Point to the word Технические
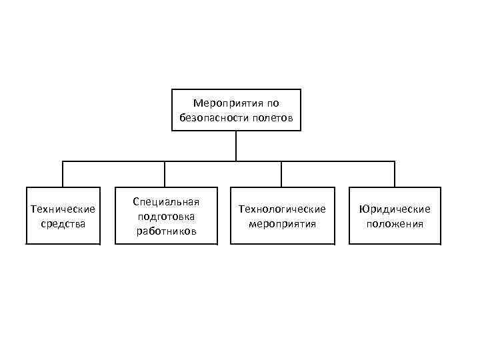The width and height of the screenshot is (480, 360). coord(63,209)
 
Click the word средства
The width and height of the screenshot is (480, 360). coord(63,223)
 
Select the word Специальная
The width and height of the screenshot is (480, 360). coord(167,201)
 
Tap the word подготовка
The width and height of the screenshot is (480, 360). coord(167,216)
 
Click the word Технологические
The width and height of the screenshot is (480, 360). coord(282,209)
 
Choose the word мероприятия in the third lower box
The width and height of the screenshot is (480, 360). coord(282,223)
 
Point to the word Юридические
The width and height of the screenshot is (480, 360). coord(395,209)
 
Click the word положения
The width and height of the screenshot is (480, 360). coord(395,223)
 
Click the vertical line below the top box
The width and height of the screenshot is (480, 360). coord(236,145)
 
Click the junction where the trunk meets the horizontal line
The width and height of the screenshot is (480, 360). coord(236,161)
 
